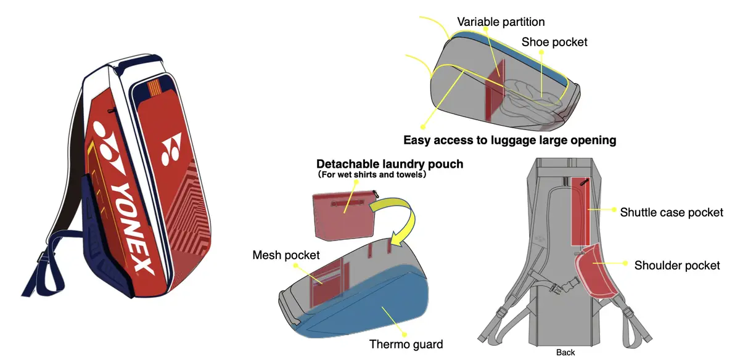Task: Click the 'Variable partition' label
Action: coord(501,22)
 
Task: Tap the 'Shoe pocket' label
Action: coord(554,43)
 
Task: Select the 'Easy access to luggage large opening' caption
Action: coord(509,140)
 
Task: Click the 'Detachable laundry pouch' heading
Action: coord(390,165)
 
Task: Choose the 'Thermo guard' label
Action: coord(406,344)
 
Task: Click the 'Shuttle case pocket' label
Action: coord(672,212)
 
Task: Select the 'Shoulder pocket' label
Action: coord(677,265)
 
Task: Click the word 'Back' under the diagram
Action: coord(565,353)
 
